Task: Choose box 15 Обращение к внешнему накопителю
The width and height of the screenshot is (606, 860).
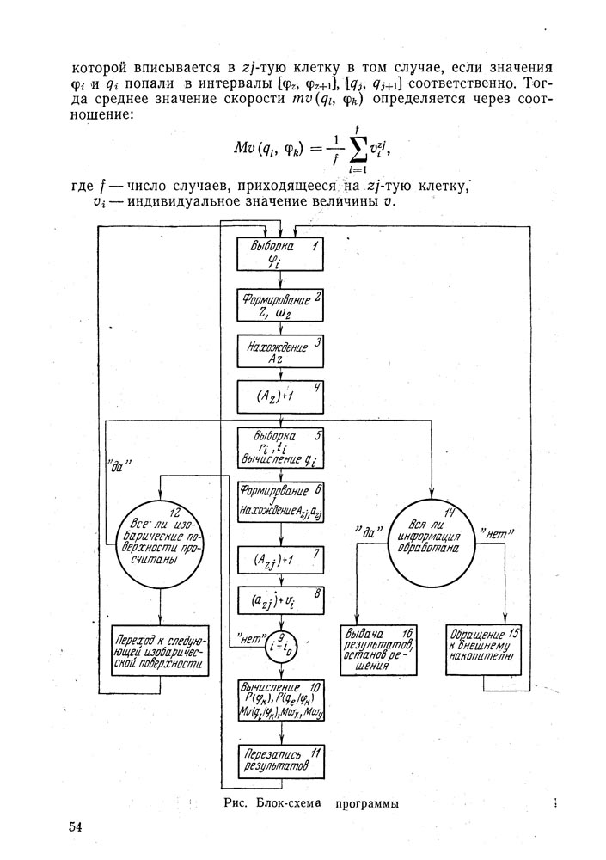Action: pyautogui.click(x=484, y=648)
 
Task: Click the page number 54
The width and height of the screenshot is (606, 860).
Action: pyautogui.click(x=75, y=827)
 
